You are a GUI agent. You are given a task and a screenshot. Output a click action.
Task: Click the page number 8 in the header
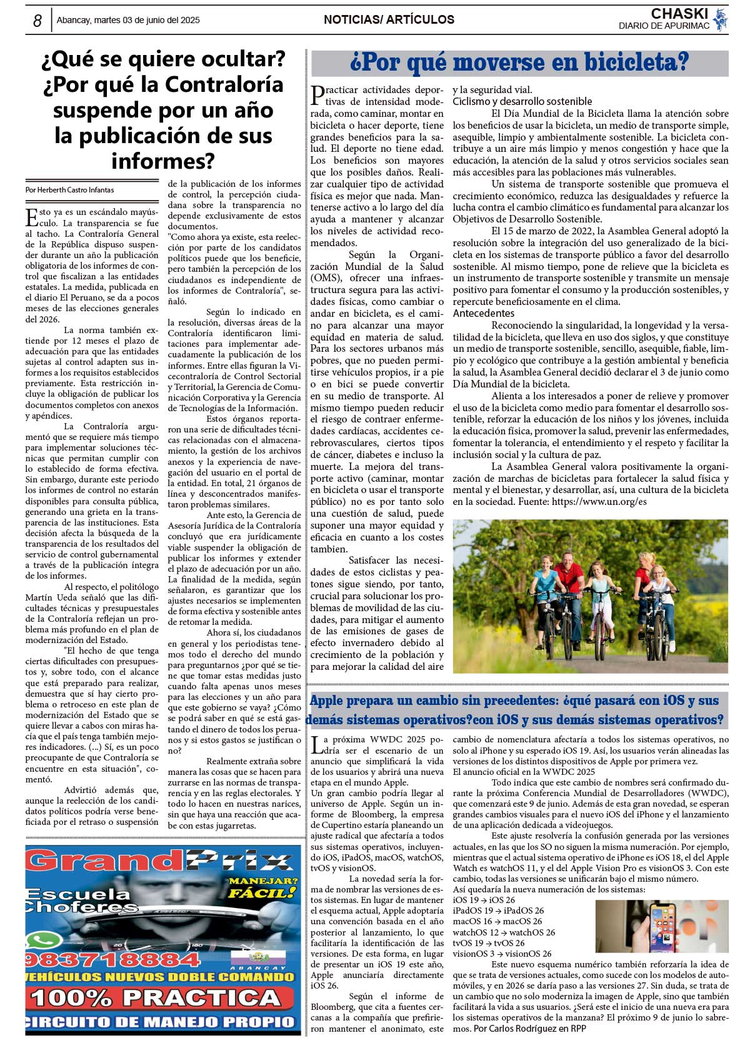37,21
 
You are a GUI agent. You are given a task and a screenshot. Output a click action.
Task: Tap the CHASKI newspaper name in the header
679,14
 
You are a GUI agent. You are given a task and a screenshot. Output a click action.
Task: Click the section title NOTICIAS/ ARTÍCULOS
389,20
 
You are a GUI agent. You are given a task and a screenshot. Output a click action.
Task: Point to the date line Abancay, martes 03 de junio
128,21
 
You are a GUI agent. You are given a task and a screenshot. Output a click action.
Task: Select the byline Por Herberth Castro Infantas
69,190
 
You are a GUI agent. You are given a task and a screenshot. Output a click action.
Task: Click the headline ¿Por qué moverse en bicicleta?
519,63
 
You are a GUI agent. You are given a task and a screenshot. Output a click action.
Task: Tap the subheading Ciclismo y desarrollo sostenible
522,101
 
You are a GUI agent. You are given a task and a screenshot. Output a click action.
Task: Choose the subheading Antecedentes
483,313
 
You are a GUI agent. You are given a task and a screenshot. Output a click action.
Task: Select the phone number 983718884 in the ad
112,960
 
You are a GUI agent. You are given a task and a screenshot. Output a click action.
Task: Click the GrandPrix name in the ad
159,862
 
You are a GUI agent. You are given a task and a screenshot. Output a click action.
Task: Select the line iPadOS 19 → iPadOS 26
498,911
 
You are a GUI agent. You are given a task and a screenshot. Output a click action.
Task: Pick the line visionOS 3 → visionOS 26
502,954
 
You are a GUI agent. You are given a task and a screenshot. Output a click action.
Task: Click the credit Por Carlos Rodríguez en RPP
529,1029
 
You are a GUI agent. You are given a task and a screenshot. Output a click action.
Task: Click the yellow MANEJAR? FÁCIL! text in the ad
262,888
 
